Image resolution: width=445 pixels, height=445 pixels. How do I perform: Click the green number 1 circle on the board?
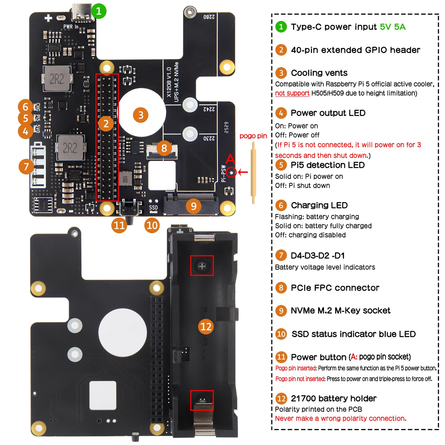pos(99,11)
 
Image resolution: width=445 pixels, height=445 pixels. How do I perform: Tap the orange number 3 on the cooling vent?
pos(141,115)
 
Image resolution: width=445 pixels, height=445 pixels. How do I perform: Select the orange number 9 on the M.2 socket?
pos(193,206)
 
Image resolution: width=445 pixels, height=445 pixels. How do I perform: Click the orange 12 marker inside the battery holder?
pos(206,326)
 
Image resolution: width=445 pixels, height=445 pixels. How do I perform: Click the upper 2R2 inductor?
pos(57,79)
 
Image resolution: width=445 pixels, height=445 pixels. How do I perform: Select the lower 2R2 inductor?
pos(70,148)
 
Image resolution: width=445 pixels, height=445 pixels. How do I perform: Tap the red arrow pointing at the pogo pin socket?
pos(243,172)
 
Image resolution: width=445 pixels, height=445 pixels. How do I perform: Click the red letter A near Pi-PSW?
pos(230,160)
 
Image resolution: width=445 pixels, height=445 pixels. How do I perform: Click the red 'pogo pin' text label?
pos(253,136)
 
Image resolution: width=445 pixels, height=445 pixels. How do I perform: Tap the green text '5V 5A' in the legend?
pos(393,27)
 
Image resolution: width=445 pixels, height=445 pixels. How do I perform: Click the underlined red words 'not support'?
pos(292,93)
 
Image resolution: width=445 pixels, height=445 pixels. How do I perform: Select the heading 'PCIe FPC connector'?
pos(335,288)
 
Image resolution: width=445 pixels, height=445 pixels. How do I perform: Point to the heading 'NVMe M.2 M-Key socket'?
pos(340,310)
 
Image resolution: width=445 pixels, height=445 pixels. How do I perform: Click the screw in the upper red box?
pos(202,266)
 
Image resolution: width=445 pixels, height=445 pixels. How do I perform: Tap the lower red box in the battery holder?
pos(202,400)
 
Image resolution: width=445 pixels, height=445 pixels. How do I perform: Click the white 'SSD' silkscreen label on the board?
pos(153,208)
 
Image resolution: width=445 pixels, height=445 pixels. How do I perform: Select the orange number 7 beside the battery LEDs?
pos(26,167)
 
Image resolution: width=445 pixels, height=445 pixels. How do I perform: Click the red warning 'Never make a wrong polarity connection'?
pos(341,419)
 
